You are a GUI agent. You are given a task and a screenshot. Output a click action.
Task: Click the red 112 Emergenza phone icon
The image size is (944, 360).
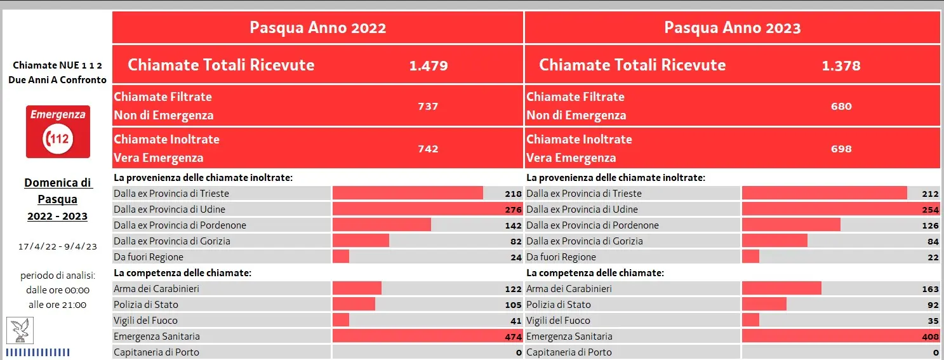tap(58, 131)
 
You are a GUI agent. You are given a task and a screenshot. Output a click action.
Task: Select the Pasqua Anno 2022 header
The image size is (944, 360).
tap(317, 28)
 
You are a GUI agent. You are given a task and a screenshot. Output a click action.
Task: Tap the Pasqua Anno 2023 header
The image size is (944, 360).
tap(732, 28)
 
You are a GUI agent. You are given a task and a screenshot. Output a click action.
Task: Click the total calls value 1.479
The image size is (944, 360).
tap(429, 65)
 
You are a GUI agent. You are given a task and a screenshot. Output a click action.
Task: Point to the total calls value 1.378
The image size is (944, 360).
tap(841, 65)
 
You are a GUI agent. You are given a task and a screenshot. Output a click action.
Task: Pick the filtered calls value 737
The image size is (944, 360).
tap(428, 106)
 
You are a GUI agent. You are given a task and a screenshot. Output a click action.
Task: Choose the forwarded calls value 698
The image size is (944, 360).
tap(841, 149)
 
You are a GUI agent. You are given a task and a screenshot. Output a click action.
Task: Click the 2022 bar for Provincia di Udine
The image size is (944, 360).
tap(426, 210)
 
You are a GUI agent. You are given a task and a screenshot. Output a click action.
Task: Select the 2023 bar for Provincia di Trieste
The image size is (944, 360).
tap(824, 194)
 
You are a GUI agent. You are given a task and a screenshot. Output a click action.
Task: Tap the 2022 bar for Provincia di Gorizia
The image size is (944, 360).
tap(361, 241)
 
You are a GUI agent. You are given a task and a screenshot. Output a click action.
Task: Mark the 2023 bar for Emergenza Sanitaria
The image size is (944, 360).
tap(832, 337)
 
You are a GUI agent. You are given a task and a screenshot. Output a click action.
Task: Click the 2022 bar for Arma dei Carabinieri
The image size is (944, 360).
tap(357, 289)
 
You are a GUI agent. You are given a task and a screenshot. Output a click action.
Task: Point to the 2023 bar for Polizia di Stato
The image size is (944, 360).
tap(764, 305)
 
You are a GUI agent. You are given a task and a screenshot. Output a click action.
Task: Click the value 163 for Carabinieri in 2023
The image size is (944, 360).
tap(930, 289)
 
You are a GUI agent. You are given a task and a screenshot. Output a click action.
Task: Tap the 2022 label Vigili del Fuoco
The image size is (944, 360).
tap(145, 321)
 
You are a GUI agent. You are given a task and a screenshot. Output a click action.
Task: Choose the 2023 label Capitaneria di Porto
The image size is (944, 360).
tap(569, 352)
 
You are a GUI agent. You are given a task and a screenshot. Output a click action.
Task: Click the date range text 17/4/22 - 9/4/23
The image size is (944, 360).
tap(58, 246)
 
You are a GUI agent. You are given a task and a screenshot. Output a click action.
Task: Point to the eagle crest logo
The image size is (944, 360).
tap(20, 331)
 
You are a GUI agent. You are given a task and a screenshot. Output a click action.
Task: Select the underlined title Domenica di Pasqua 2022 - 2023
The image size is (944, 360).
tap(58, 199)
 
